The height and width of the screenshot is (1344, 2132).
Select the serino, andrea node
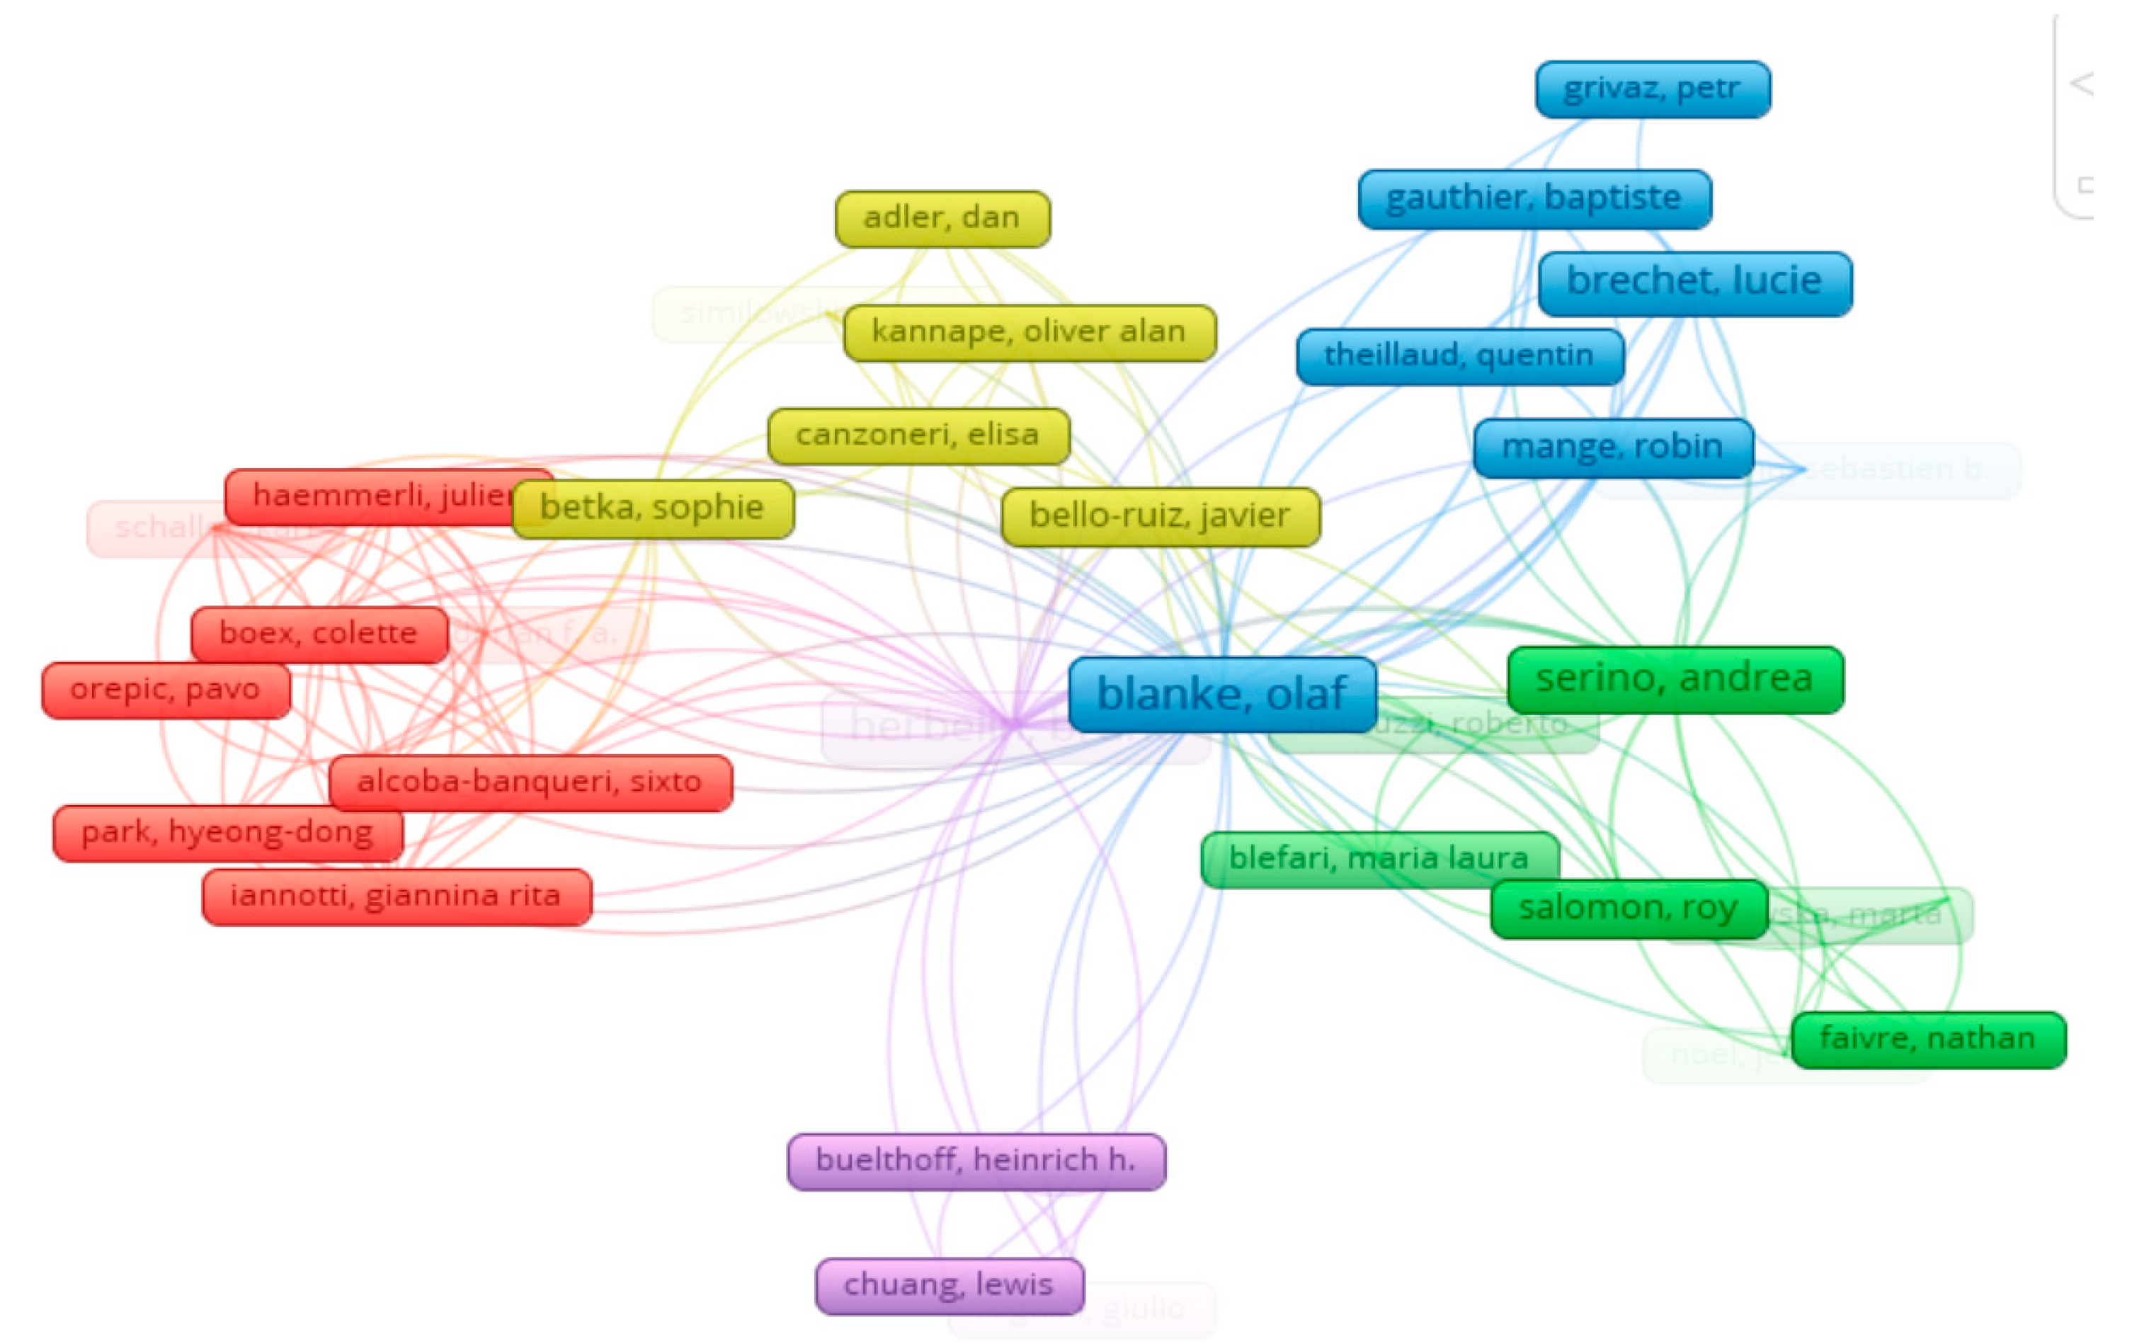1675,679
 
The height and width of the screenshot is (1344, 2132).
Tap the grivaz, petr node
1652,89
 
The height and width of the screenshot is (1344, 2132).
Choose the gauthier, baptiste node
1534,198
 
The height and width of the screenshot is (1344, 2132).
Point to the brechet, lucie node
1694,283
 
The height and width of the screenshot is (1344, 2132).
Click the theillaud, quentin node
1459,357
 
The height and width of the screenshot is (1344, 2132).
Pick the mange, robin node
1612,447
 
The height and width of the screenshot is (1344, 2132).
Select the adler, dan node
942,219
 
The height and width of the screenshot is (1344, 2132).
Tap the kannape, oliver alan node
1029,333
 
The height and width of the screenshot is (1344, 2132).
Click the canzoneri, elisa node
918,435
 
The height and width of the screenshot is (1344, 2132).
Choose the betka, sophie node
653,509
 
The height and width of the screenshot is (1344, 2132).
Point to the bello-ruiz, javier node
1160,516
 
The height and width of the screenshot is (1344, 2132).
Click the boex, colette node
319,634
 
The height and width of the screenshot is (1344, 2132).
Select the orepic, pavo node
166,690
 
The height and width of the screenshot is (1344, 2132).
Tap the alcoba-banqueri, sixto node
530,782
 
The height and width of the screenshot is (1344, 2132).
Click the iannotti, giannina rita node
396,896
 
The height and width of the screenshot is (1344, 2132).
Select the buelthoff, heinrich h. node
976,1161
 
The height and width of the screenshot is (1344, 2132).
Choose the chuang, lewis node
949,1285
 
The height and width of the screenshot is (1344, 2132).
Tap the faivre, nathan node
1927,1040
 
